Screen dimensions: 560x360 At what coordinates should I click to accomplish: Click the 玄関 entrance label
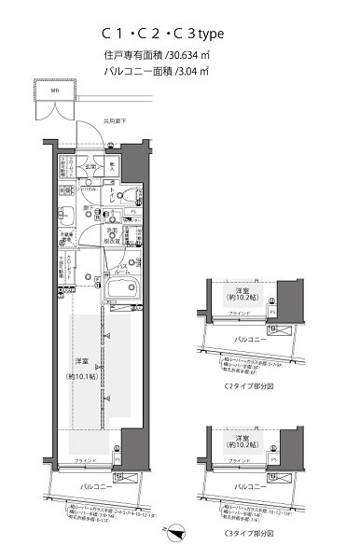(90, 167)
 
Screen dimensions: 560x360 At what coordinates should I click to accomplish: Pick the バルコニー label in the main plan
(93, 487)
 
